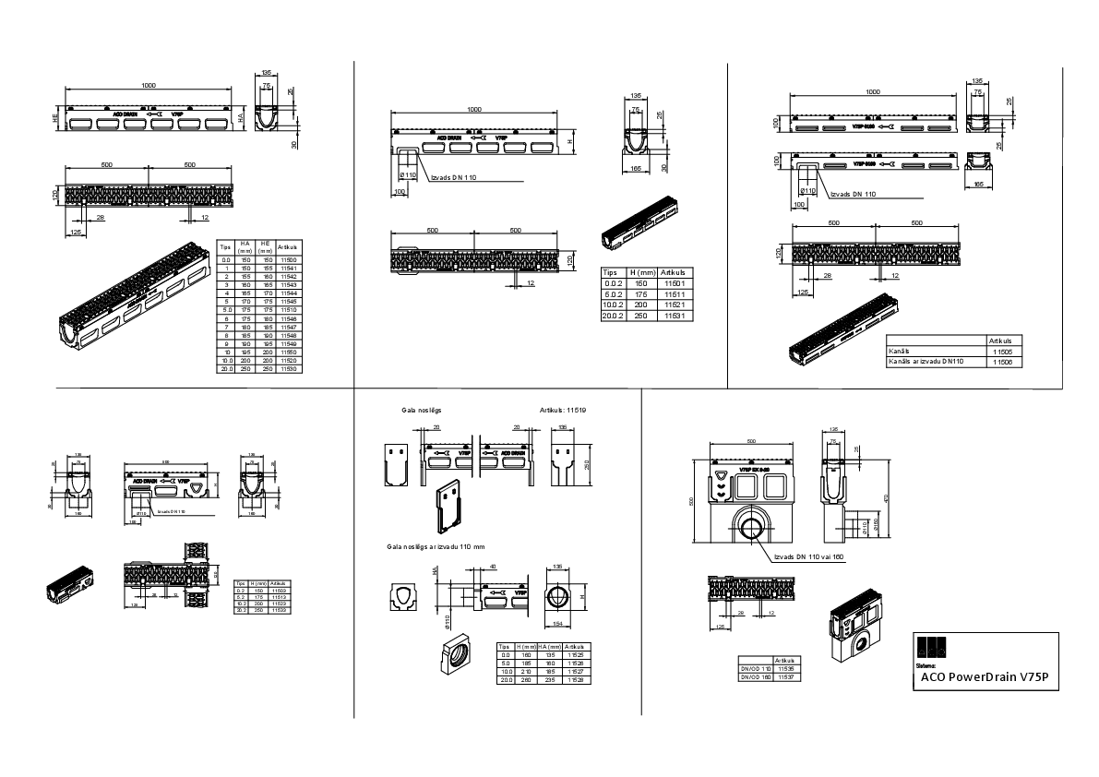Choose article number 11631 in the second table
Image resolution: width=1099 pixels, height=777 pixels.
[673, 317]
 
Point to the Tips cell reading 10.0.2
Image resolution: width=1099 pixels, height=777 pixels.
[614, 305]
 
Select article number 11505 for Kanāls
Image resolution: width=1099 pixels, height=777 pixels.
[1002, 352]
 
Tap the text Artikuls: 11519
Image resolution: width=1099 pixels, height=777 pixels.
[563, 410]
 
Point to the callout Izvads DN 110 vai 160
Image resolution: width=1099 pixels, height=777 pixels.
[809, 557]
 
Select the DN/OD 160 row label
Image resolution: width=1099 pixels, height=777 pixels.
[754, 676]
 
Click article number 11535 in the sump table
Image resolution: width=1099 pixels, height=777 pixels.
[786, 669]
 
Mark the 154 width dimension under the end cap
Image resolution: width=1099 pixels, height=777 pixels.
[557, 625]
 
